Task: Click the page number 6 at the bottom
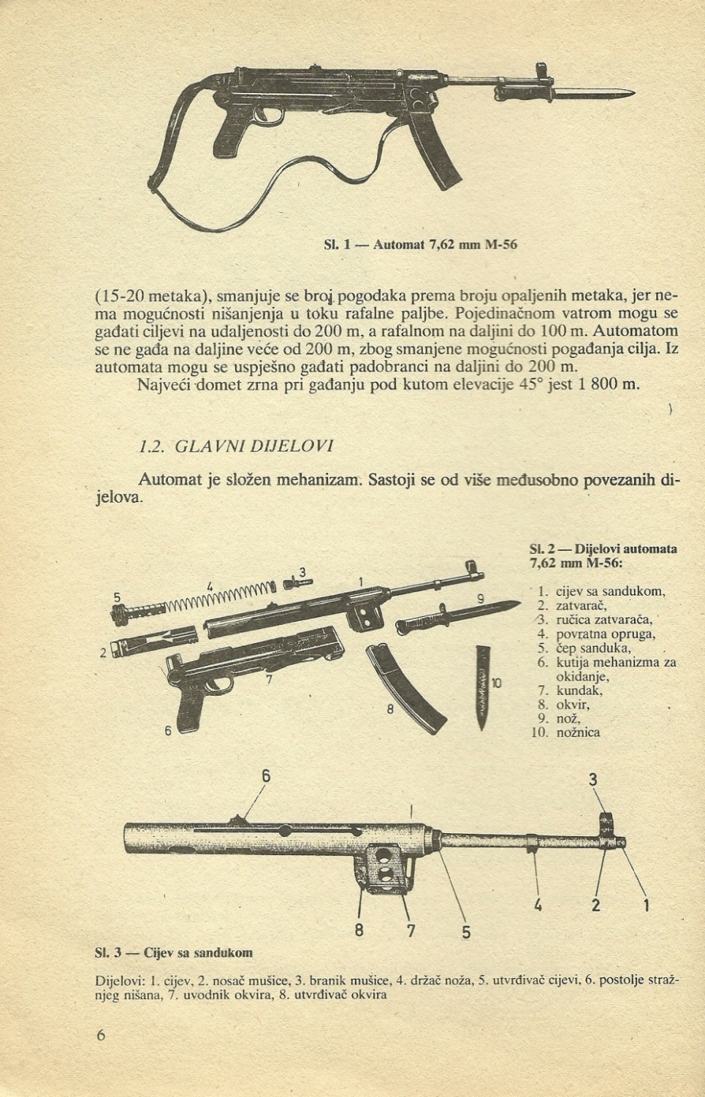coord(101,1036)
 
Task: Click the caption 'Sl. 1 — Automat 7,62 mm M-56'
coord(420,244)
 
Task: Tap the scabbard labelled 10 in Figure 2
coord(484,686)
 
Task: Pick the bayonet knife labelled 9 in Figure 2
coord(453,617)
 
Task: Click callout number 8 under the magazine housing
coord(359,930)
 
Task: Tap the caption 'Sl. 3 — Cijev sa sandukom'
coord(174,952)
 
